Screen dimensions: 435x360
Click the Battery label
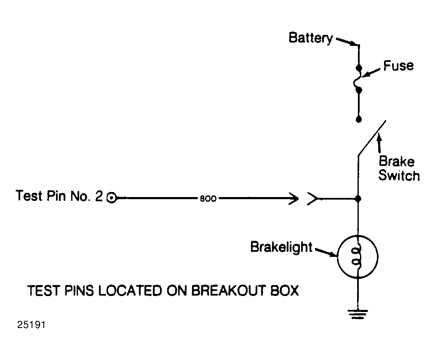(311, 38)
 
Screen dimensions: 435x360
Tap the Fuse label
(398, 66)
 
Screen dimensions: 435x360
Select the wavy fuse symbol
(358, 79)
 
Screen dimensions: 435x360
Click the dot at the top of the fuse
(359, 68)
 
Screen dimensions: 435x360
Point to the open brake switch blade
(372, 138)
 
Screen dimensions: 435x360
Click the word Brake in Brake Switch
(396, 161)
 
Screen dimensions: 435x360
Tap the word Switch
(399, 176)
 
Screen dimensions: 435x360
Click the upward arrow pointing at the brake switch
(379, 143)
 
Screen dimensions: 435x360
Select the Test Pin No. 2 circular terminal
(112, 198)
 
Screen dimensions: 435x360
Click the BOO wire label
(208, 199)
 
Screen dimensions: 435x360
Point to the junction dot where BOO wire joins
(358, 199)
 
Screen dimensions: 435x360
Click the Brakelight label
(281, 247)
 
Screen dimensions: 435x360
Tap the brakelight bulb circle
(338, 256)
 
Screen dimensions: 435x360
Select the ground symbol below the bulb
(358, 314)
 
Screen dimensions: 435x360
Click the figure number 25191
(31, 325)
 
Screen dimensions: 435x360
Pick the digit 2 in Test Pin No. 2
(99, 196)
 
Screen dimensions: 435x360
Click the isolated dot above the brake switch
(359, 120)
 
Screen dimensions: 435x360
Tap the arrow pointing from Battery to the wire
(346, 41)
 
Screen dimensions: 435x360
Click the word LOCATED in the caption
(130, 291)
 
